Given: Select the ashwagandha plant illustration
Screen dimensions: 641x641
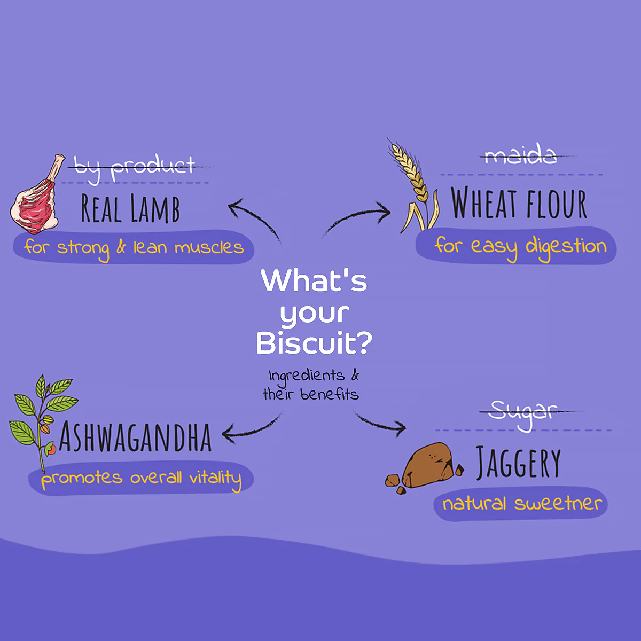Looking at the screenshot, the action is point(42,423).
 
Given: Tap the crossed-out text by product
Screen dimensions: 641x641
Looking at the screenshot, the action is point(134,168).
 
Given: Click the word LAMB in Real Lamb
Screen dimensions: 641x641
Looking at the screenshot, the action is point(155,208).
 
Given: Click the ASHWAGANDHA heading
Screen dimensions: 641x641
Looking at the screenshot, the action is point(135,437).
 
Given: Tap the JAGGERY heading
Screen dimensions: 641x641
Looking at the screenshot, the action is point(518,463).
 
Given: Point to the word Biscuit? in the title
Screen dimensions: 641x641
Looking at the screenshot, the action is point(314,343).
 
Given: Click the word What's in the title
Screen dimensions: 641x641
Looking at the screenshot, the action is point(314,280).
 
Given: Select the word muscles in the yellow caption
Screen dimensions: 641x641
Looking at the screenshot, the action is point(209,247).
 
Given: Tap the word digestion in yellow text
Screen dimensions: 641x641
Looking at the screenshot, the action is point(566,247).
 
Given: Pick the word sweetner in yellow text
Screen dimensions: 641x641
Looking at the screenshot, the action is point(558,503).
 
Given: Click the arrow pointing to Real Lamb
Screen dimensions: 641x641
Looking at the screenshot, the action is point(254,218).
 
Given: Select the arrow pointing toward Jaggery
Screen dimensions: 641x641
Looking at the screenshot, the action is point(379,423).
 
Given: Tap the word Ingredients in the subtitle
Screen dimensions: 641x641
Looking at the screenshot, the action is point(307,377).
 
